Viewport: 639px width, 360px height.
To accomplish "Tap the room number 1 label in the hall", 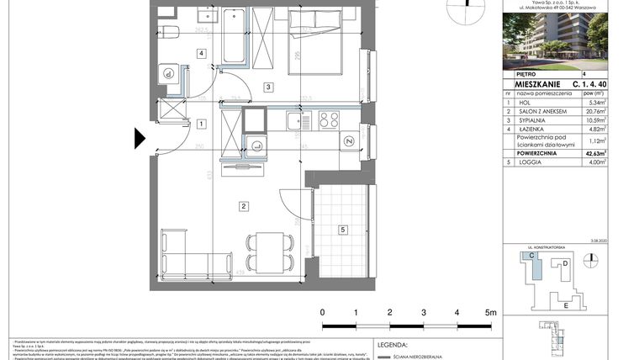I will tap(201, 124).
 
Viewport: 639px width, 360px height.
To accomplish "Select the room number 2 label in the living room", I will tap(243, 206).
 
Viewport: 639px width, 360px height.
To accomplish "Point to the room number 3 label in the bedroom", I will tap(268, 87).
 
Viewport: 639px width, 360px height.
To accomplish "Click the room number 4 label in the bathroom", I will tap(201, 54).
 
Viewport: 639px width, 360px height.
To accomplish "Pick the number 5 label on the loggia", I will tap(342, 229).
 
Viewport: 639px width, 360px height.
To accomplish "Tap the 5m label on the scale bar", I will tap(491, 311).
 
